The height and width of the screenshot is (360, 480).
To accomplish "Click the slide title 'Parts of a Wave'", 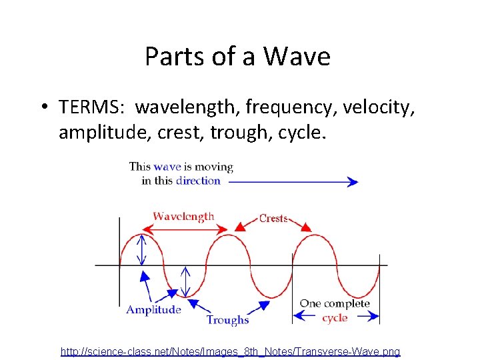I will [x=237, y=57].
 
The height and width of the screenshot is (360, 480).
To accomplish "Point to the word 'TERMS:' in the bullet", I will [x=94, y=106].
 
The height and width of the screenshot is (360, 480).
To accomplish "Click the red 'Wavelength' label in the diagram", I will [x=183, y=216].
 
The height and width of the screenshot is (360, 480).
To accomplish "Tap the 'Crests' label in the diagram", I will [x=273, y=218].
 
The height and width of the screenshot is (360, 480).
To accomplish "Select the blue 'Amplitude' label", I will [x=153, y=309].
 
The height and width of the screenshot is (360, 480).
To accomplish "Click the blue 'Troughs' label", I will [x=227, y=320].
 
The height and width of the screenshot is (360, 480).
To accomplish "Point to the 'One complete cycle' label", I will [x=335, y=311].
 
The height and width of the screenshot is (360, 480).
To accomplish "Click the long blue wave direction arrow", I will [x=293, y=181].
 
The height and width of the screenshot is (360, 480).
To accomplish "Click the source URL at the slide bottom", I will [x=230, y=351].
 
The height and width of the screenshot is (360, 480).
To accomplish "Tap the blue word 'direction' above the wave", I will [x=198, y=181].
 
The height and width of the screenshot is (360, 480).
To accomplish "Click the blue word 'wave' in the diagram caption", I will [x=167, y=167].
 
